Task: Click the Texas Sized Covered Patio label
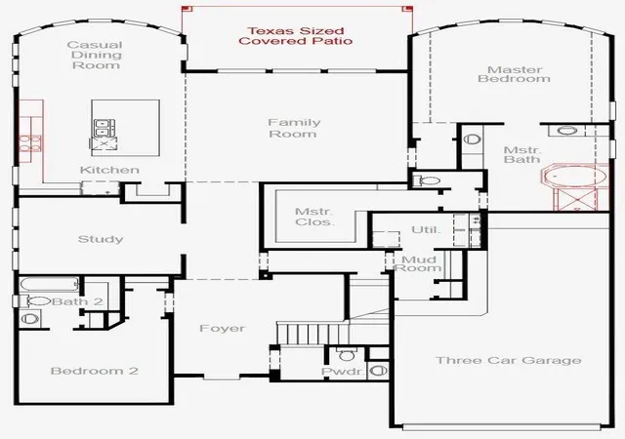(295, 36)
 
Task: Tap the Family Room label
(294, 128)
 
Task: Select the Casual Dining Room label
(96, 55)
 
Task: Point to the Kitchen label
(109, 170)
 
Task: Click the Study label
(101, 239)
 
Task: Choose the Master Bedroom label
(515, 74)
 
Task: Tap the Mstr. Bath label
(522, 154)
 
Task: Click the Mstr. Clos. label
(313, 217)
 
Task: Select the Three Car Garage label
(509, 360)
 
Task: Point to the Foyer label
(222, 328)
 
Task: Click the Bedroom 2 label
(95, 371)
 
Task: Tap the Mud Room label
(418, 263)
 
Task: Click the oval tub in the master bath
(575, 176)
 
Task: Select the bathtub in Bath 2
(50, 285)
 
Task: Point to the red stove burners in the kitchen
(30, 143)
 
